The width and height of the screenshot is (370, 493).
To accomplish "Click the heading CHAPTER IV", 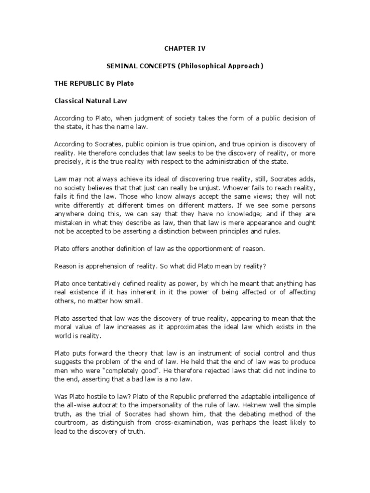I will coord(185,48).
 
